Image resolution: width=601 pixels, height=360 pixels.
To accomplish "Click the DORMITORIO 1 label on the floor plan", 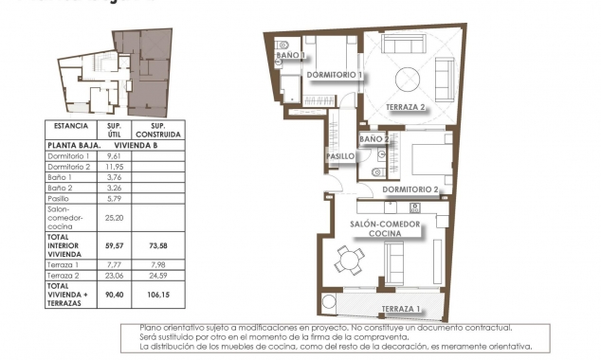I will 335,75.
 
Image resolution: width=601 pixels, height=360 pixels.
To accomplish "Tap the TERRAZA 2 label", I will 405,108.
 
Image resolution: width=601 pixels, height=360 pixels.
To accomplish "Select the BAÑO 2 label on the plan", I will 375,139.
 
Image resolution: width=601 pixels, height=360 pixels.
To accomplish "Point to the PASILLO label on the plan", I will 340,156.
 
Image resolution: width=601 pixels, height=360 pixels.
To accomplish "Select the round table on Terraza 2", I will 410,79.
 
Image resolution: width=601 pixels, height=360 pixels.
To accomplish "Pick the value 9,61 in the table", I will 114,156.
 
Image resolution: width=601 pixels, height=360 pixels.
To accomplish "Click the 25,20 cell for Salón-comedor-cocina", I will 114,216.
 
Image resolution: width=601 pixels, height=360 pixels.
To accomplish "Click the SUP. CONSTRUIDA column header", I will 158,130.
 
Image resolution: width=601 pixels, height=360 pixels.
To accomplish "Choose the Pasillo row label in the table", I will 60,198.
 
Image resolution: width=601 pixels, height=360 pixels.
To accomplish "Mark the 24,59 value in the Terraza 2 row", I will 158,276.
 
